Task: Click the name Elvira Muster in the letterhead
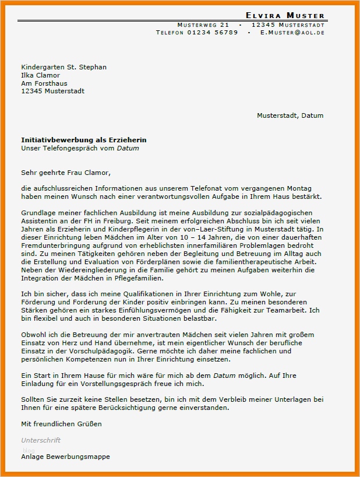285,15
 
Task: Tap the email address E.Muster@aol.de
292,33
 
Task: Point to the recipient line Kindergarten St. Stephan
64,67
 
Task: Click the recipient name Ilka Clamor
41,75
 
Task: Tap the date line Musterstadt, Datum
290,115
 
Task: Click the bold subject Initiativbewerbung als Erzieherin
84,140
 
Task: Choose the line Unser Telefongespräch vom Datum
80,148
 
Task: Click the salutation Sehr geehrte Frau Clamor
66,173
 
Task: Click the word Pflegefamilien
136,278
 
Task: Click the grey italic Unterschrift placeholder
41,440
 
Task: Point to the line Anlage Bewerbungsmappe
65,457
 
